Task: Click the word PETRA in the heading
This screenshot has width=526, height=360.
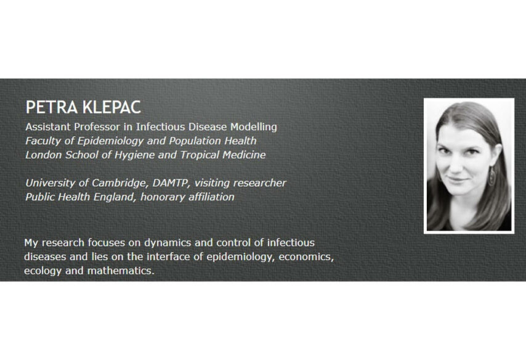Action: coord(52,107)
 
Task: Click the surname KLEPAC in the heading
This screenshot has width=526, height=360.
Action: coord(111,107)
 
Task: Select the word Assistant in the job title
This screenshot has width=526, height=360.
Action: coord(48,127)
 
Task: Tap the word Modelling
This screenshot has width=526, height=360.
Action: coord(254,127)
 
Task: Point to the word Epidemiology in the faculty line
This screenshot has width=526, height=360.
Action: coord(110,141)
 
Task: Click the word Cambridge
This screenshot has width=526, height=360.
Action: coord(121,183)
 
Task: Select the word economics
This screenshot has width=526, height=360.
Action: coord(306,257)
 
